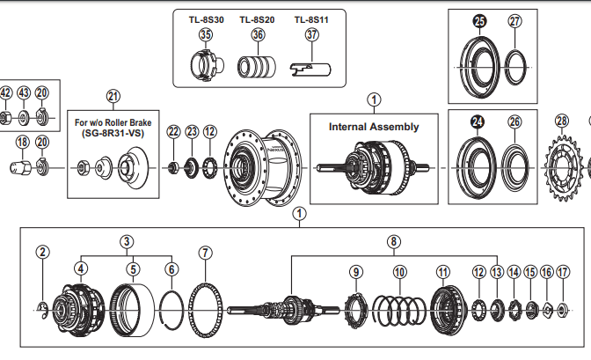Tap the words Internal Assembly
[x=374, y=126]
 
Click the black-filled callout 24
[x=478, y=121]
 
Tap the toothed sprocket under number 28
[x=563, y=166]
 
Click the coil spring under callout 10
[x=400, y=310]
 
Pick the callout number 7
[x=206, y=253]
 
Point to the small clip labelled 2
[x=44, y=306]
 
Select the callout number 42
[x=6, y=93]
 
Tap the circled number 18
[x=22, y=142]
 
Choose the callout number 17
[x=563, y=273]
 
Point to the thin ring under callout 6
[x=171, y=309]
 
